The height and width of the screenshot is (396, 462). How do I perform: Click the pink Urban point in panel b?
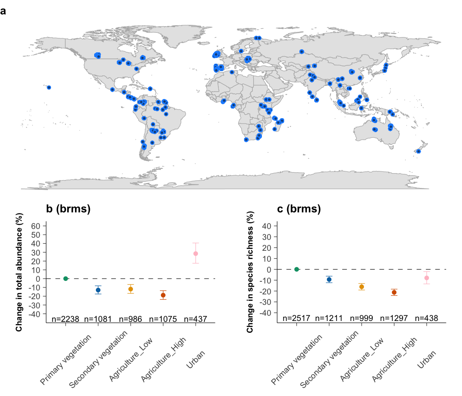coord(196,253)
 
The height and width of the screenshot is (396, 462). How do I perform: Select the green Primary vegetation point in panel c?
coord(296,269)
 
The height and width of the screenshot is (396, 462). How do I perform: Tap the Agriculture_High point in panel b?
coord(163,295)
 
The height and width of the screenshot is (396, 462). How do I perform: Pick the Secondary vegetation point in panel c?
coord(329,280)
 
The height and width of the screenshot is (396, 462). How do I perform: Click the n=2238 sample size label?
coord(65,319)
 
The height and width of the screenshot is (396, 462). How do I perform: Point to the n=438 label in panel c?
coord(426,318)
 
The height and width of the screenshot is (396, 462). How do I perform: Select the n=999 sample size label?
coord(361,318)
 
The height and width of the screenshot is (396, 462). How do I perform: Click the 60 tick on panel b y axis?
coord(37,226)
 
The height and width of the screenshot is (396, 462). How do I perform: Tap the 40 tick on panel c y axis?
coord(267,226)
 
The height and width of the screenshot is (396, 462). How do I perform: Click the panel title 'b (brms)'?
coord(68,209)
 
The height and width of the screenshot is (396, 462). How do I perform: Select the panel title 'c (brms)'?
coord(299,209)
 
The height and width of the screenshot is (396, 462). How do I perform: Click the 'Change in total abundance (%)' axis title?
coord(19,272)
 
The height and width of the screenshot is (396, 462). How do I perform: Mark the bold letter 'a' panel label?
coord(4,11)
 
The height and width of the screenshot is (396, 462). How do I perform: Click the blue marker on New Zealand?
coord(418,151)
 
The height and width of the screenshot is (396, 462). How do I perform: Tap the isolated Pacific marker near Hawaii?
coord(49,88)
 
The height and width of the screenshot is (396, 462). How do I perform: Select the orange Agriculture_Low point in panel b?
coord(130,289)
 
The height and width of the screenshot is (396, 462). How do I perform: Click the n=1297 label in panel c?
coord(394,318)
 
